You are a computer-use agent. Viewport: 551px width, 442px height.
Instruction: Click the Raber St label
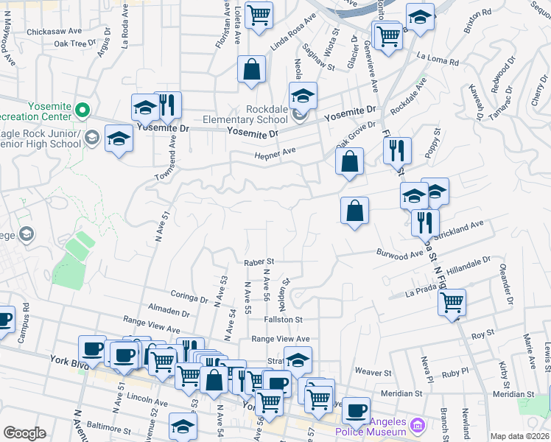259,262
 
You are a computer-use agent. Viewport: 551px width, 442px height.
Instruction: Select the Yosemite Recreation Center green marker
82,111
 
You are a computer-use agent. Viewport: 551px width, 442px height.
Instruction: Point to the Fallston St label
284,320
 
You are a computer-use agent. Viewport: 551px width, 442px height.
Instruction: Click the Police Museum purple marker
417,425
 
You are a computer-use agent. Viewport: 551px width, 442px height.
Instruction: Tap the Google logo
24,433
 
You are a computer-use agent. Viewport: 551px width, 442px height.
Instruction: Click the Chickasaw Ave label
55,32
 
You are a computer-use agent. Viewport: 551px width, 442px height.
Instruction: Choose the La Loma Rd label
438,55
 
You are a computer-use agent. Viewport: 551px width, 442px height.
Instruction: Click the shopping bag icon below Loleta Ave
252,69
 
